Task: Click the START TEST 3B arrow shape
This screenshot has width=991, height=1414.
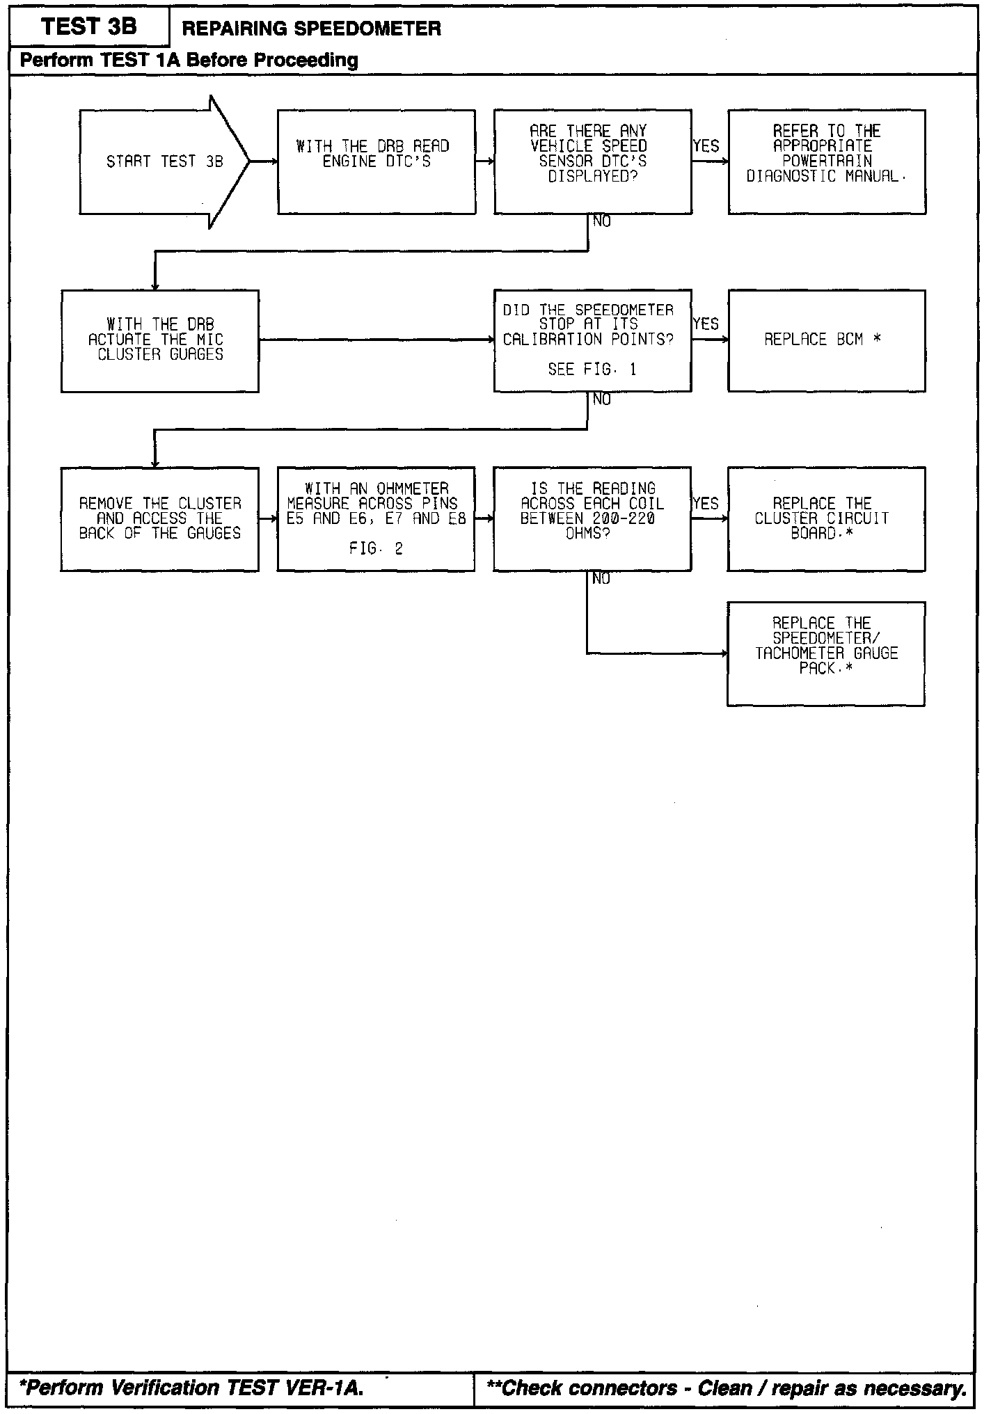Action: click(164, 161)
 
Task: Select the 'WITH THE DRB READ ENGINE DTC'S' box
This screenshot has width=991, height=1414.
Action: click(376, 161)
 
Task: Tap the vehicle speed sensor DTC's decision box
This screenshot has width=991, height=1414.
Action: click(593, 161)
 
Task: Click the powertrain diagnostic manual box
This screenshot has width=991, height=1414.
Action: click(827, 161)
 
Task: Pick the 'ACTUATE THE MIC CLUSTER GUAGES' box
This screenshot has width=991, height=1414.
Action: click(160, 340)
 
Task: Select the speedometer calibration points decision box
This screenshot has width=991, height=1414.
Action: click(593, 340)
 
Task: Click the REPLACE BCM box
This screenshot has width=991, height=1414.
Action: click(827, 340)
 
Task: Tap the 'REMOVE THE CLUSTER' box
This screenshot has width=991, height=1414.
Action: click(160, 519)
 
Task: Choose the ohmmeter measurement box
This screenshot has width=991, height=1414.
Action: click(376, 519)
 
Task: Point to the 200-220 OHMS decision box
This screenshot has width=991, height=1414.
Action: click(592, 519)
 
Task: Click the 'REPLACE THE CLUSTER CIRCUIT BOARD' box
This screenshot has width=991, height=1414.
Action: click(826, 519)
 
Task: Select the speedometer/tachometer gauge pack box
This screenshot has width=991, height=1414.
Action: click(826, 653)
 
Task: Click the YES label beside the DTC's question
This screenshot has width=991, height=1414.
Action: click(706, 146)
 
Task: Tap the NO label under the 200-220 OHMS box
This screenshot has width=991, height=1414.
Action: click(601, 579)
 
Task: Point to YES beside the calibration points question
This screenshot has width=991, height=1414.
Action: click(706, 324)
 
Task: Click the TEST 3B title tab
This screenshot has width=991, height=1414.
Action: click(89, 27)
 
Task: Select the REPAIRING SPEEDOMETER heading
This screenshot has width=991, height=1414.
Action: click(311, 29)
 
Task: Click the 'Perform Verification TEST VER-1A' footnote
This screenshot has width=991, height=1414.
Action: click(191, 1388)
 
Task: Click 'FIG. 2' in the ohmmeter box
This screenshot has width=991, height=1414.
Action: click(376, 549)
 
